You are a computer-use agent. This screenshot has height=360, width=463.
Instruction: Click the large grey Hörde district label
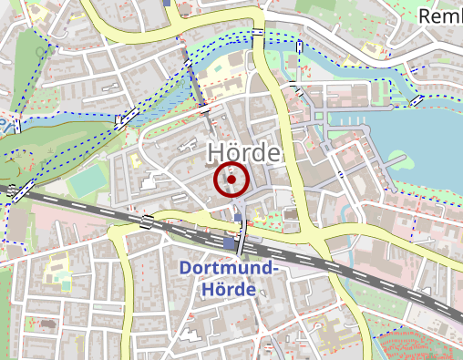click(242, 152)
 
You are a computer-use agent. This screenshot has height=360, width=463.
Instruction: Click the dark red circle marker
click(231, 180)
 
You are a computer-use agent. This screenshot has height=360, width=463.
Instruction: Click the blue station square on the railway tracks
click(229, 243)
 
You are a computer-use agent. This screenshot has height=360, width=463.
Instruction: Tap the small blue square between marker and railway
click(239, 217)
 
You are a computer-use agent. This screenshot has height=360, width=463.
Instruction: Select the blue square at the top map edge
click(169, 3)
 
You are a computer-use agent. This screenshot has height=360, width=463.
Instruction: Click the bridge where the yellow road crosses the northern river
click(260, 34)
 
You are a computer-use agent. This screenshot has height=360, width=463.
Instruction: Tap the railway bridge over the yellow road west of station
click(146, 221)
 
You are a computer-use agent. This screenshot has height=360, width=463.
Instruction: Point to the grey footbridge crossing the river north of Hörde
click(196, 87)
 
